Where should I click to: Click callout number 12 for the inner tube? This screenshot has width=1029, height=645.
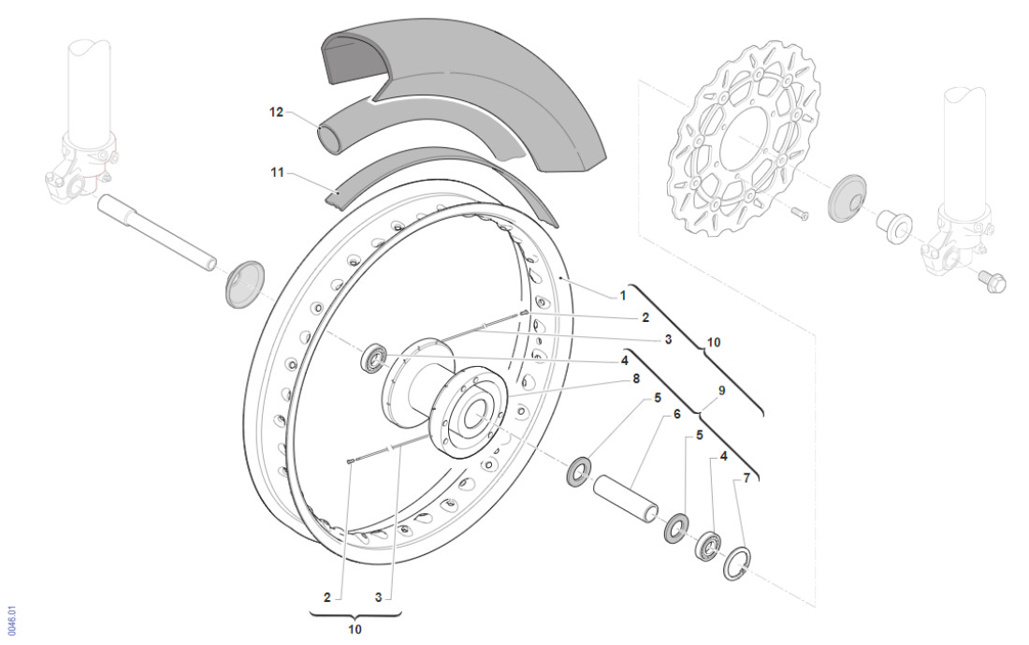[x=276, y=112]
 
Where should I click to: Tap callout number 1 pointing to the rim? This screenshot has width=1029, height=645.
[x=623, y=295]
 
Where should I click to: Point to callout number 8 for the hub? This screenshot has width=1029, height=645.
[x=635, y=380]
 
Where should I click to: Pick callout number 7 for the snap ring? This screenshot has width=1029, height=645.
[x=746, y=478]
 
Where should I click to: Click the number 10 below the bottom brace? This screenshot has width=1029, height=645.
[x=355, y=629]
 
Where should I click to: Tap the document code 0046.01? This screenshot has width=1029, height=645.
[x=11, y=619]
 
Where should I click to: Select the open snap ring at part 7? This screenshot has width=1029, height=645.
[x=735, y=562]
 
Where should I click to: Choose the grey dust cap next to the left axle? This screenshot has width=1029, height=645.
[x=245, y=283]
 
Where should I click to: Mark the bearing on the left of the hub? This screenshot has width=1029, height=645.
[x=376, y=359]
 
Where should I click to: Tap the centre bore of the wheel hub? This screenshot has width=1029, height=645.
[x=474, y=413]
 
